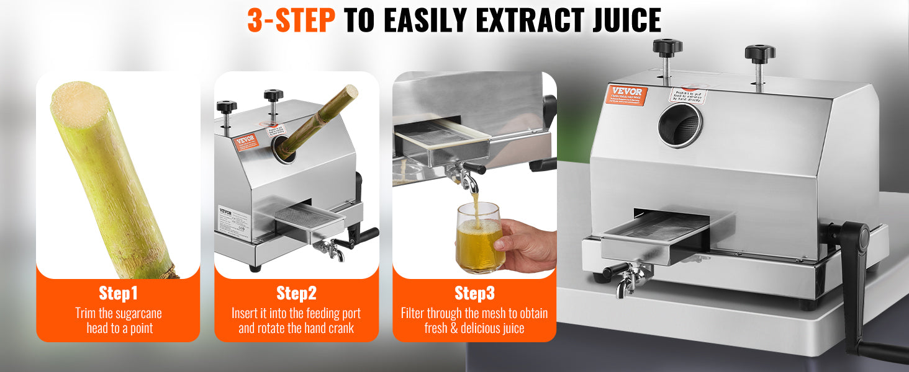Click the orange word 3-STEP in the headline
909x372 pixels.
(x=291, y=20)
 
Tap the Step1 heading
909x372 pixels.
(x=118, y=293)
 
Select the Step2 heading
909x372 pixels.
(x=296, y=293)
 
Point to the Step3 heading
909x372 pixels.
(x=474, y=293)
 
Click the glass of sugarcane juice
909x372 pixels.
(x=479, y=239)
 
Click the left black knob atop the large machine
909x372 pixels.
(x=667, y=47)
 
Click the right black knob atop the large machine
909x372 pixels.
(x=760, y=52)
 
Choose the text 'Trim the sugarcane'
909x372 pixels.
(x=118, y=314)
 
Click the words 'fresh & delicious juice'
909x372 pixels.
(x=474, y=329)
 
